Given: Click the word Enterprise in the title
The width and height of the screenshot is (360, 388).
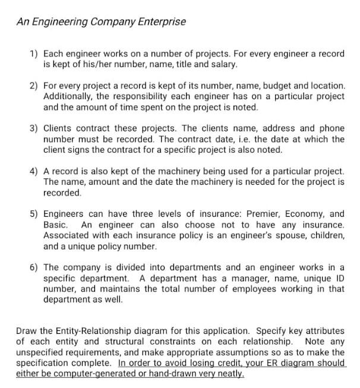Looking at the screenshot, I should [161, 22].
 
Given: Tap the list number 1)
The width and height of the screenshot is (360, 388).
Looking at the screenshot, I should [34, 53].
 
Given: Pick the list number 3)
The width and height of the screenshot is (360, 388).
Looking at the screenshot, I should [34, 128].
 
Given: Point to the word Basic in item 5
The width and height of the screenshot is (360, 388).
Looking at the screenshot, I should [55, 225].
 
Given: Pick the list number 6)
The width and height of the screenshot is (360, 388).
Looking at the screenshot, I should [34, 267].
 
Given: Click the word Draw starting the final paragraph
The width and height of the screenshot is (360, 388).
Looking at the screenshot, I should [27, 330].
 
